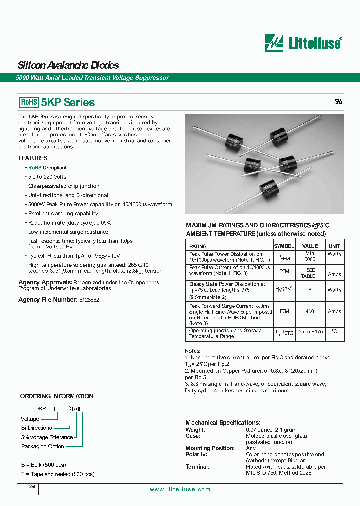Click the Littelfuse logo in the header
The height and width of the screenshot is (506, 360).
click(303, 43)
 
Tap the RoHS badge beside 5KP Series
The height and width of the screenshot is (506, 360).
click(29, 102)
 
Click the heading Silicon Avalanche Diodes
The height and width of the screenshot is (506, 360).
click(68, 65)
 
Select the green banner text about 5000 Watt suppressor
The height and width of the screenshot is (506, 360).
click(93, 78)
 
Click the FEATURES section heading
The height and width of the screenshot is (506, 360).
click(33, 158)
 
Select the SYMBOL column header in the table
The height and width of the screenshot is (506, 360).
click(284, 246)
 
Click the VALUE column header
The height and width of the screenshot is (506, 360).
click(310, 246)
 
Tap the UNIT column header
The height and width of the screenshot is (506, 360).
click(334, 246)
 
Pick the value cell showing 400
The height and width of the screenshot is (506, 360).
click(310, 311)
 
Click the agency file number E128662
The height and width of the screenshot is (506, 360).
click(89, 300)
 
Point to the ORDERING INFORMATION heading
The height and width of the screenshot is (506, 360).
click(57, 396)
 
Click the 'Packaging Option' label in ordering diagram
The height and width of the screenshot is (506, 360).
click(42, 446)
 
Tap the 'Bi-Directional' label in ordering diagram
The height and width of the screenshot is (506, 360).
click(37, 428)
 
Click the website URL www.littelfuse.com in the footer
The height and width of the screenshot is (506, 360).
click(180, 490)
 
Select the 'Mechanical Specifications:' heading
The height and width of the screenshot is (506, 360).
click(223, 423)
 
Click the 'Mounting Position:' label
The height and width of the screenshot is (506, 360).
click(210, 448)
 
